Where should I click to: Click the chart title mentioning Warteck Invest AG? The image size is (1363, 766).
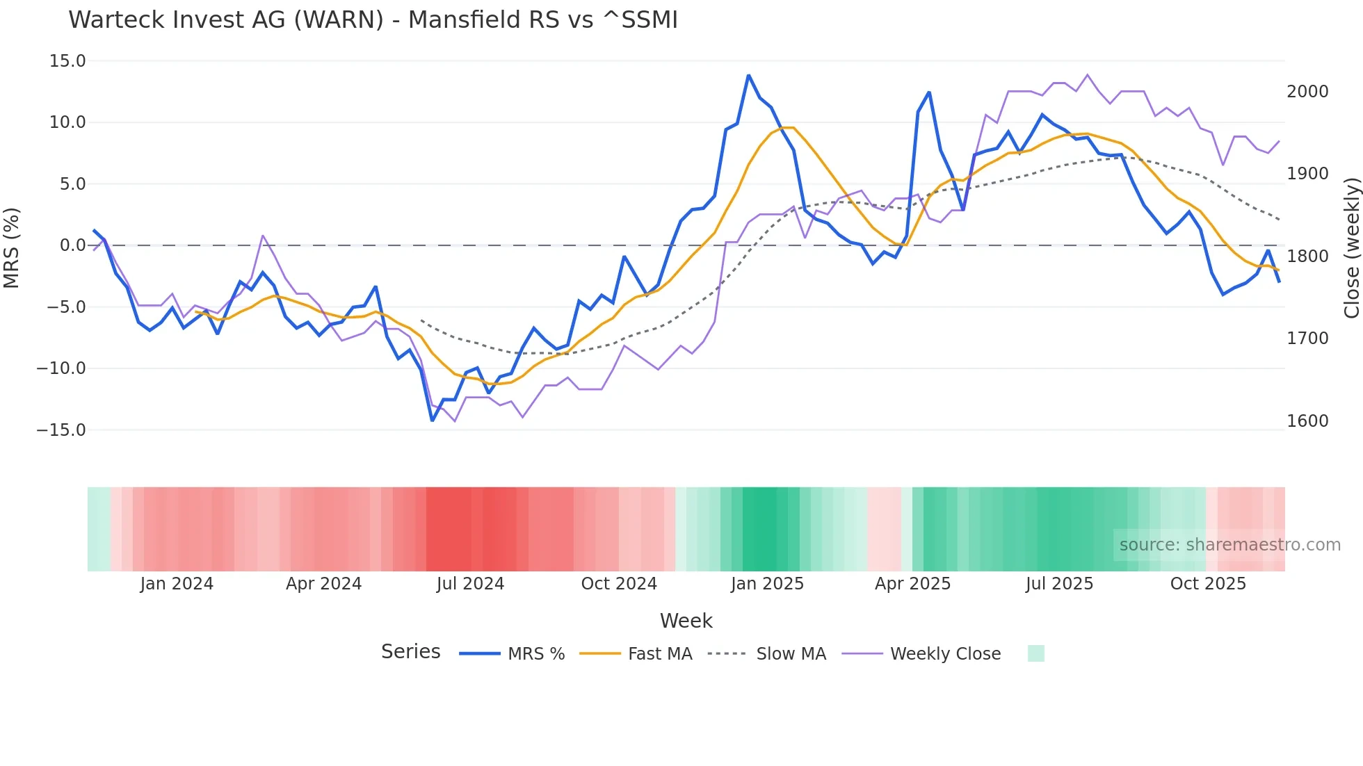coord(373,20)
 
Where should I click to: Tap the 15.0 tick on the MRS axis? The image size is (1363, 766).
coord(67,61)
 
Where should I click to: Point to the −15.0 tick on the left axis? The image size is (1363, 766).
coord(61,430)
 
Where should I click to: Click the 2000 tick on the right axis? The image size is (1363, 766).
coord(1307,92)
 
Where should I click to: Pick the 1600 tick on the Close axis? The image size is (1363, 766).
coord(1307,421)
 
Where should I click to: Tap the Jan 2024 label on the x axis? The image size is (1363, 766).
coord(177,584)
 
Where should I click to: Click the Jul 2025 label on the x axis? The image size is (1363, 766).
coord(1059,584)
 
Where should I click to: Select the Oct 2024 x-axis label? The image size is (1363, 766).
coord(619,584)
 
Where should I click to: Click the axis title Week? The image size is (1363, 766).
coord(686,621)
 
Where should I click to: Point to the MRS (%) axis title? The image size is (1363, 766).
coord(12,247)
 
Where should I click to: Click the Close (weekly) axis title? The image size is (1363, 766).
coord(1351,248)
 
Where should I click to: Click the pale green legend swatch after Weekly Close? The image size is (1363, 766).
coord(1035,653)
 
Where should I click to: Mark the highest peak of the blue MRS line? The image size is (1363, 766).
coord(748,75)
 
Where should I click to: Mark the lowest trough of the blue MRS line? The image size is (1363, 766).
coord(432,421)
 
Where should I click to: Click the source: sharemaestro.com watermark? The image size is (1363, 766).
coord(1229,545)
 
